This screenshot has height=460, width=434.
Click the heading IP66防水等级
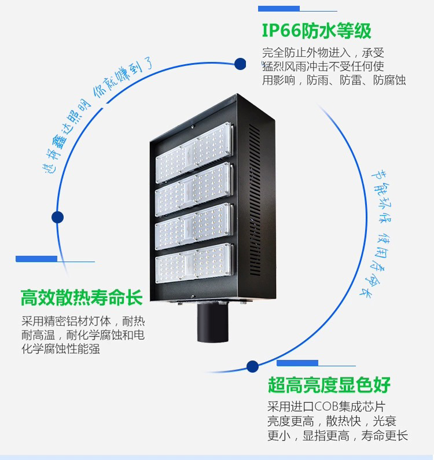tap(317, 31)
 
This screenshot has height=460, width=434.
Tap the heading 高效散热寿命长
tap(82, 298)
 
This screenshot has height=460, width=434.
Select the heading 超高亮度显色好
tap(329, 385)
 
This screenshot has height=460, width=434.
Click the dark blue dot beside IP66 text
tap(240, 64)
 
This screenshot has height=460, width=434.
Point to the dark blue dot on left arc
tap(57, 218)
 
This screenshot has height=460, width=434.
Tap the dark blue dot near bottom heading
tap(252, 366)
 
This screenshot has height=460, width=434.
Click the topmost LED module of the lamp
tap(194, 153)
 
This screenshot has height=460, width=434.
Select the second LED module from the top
tap(194, 190)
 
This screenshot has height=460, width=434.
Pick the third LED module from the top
tap(194, 226)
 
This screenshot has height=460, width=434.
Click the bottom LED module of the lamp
tap(194, 263)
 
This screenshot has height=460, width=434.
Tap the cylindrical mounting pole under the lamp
tap(213, 322)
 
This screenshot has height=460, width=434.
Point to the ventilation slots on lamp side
tap(255, 200)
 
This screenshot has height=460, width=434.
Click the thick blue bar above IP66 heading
tap(279, 9)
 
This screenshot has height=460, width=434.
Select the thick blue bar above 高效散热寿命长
tap(36, 259)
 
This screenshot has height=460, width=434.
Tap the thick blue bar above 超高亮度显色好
tap(297, 363)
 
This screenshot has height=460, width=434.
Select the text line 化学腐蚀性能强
tap(61, 349)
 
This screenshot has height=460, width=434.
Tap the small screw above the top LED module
tap(193, 127)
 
